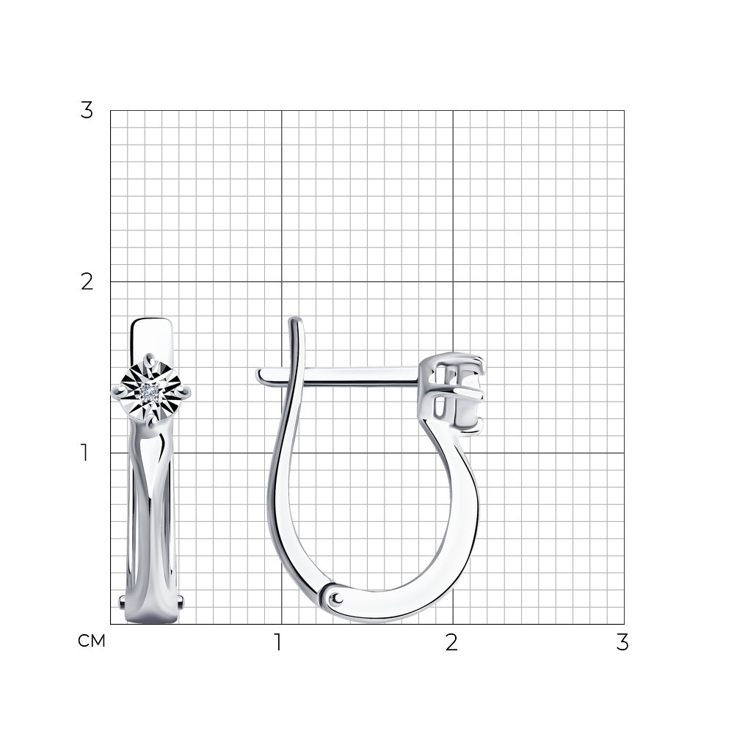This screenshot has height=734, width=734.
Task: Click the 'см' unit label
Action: coord(91,641)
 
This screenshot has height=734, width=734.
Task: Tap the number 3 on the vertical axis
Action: coord(87,111)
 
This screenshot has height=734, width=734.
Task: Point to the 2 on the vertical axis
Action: coord(87,282)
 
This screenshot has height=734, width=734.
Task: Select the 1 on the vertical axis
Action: coord(84,453)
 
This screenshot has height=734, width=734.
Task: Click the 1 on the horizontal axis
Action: coord(278,642)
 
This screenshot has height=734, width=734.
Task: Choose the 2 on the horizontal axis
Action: coord(451,642)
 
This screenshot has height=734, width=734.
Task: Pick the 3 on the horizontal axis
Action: coord(622,642)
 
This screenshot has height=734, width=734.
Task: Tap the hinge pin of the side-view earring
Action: coord(337,597)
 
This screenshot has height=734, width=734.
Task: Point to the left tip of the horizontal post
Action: coord(258,374)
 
